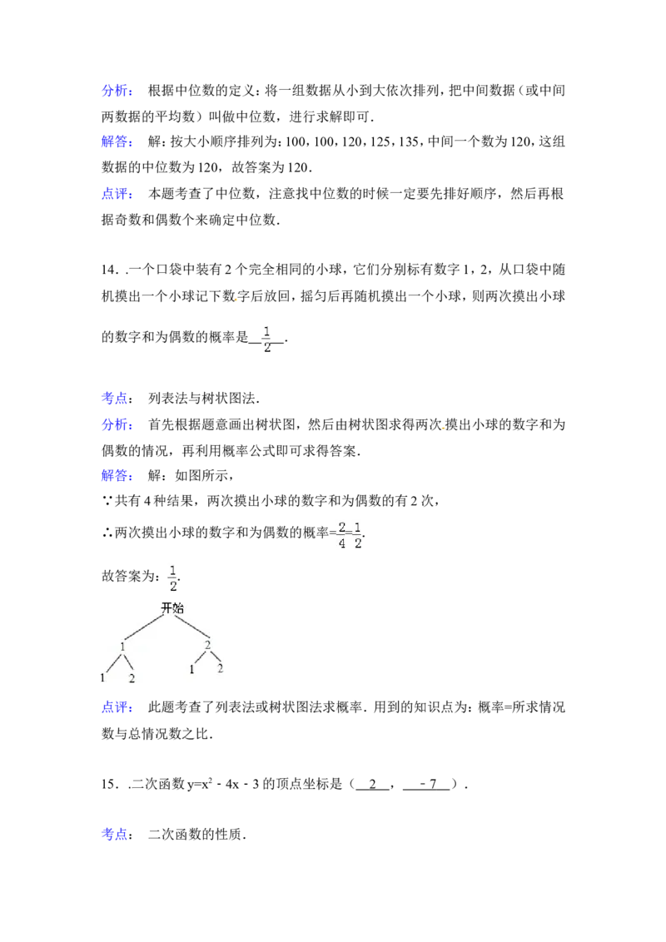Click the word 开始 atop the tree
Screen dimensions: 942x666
pos(171,608)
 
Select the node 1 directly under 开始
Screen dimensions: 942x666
pos(122,647)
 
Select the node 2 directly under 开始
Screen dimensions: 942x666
pos(207,645)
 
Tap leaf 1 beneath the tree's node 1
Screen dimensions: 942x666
pos(103,678)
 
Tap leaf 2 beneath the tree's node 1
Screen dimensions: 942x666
pos(132,679)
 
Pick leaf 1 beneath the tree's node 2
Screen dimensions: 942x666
pos(191,670)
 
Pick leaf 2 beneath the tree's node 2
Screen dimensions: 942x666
pos(221,668)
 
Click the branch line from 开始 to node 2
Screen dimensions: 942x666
pos(190,627)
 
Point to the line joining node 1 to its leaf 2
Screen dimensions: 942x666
pos(127,662)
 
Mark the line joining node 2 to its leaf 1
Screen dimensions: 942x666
pos(200,657)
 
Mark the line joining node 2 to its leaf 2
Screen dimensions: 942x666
pos(215,657)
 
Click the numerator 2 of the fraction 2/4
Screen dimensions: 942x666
pos(341,528)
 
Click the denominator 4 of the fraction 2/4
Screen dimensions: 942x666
pos(341,544)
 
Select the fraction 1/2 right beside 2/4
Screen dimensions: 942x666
pos(358,536)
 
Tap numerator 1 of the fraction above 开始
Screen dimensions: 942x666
pos(173,570)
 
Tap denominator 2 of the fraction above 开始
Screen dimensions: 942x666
pos(173,587)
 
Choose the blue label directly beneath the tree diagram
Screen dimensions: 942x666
pos(117,708)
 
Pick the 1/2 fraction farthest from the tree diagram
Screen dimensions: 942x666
pos(266,340)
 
